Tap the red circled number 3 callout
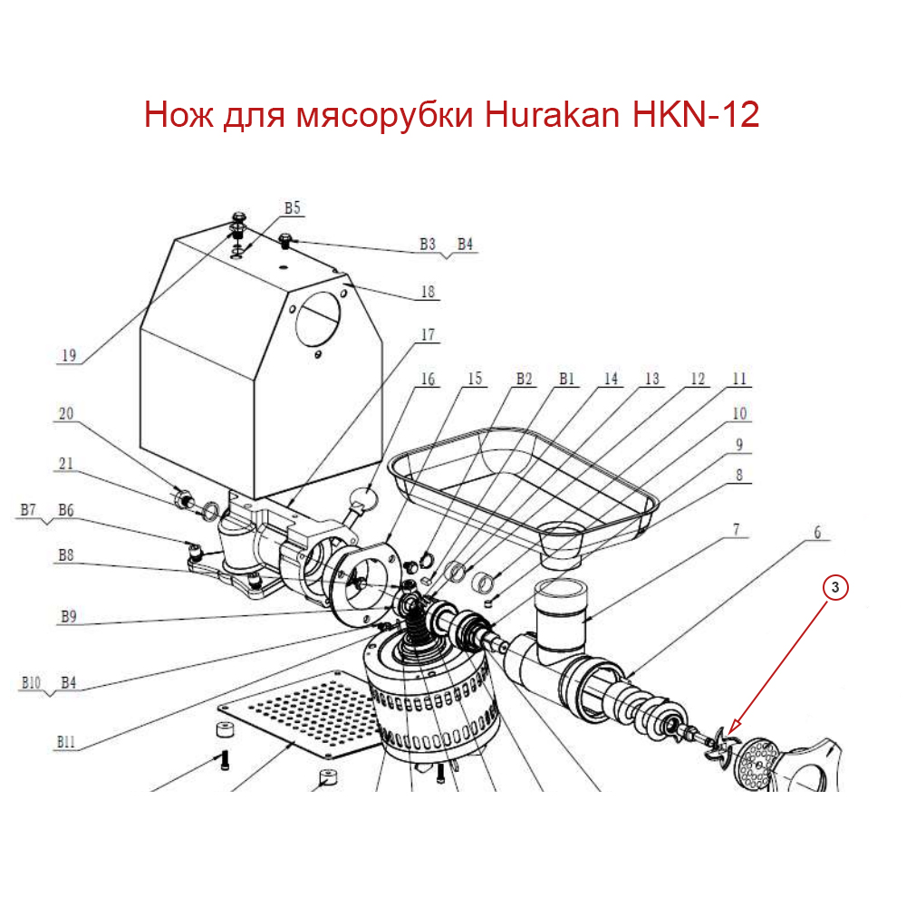[835, 588]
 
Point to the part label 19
[67, 356]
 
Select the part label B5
[292, 208]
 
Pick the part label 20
[65, 414]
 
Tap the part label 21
[65, 464]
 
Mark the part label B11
[65, 741]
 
